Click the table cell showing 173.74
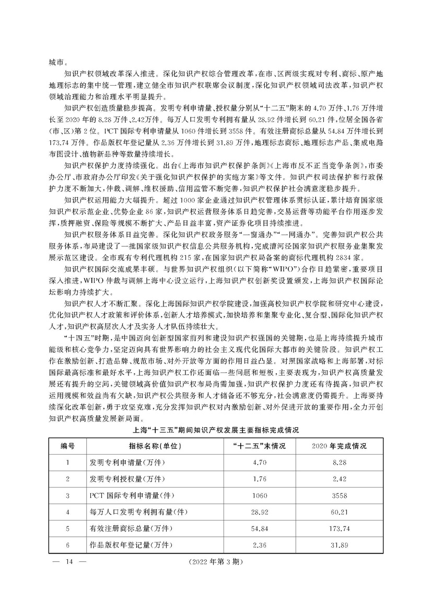coord(339,529)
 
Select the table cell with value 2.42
coord(339,479)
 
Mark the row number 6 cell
coord(67,546)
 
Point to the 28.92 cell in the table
coord(259,512)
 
